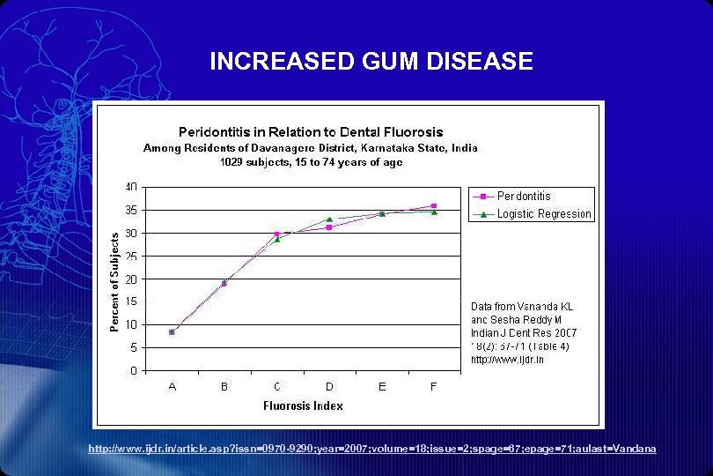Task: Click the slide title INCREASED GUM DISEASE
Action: click(371, 61)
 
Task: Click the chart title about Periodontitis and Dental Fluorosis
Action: click(311, 132)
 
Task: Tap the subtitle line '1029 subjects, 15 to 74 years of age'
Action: click(311, 162)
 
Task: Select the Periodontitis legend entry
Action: click(524, 196)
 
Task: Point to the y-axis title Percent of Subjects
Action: click(114, 282)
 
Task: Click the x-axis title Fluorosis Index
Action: click(303, 405)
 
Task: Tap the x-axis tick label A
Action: click(172, 386)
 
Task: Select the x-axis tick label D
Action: click(329, 386)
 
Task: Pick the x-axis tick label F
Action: click(434, 386)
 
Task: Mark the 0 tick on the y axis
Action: click(133, 370)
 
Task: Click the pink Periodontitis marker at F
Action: click(434, 205)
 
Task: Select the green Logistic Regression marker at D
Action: click(329, 219)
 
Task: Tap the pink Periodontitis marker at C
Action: click(276, 234)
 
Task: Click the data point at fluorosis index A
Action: click(172, 332)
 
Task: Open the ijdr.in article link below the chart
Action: click(372, 449)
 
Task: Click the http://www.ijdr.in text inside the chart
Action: click(507, 359)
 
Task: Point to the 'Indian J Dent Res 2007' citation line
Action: click(523, 331)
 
